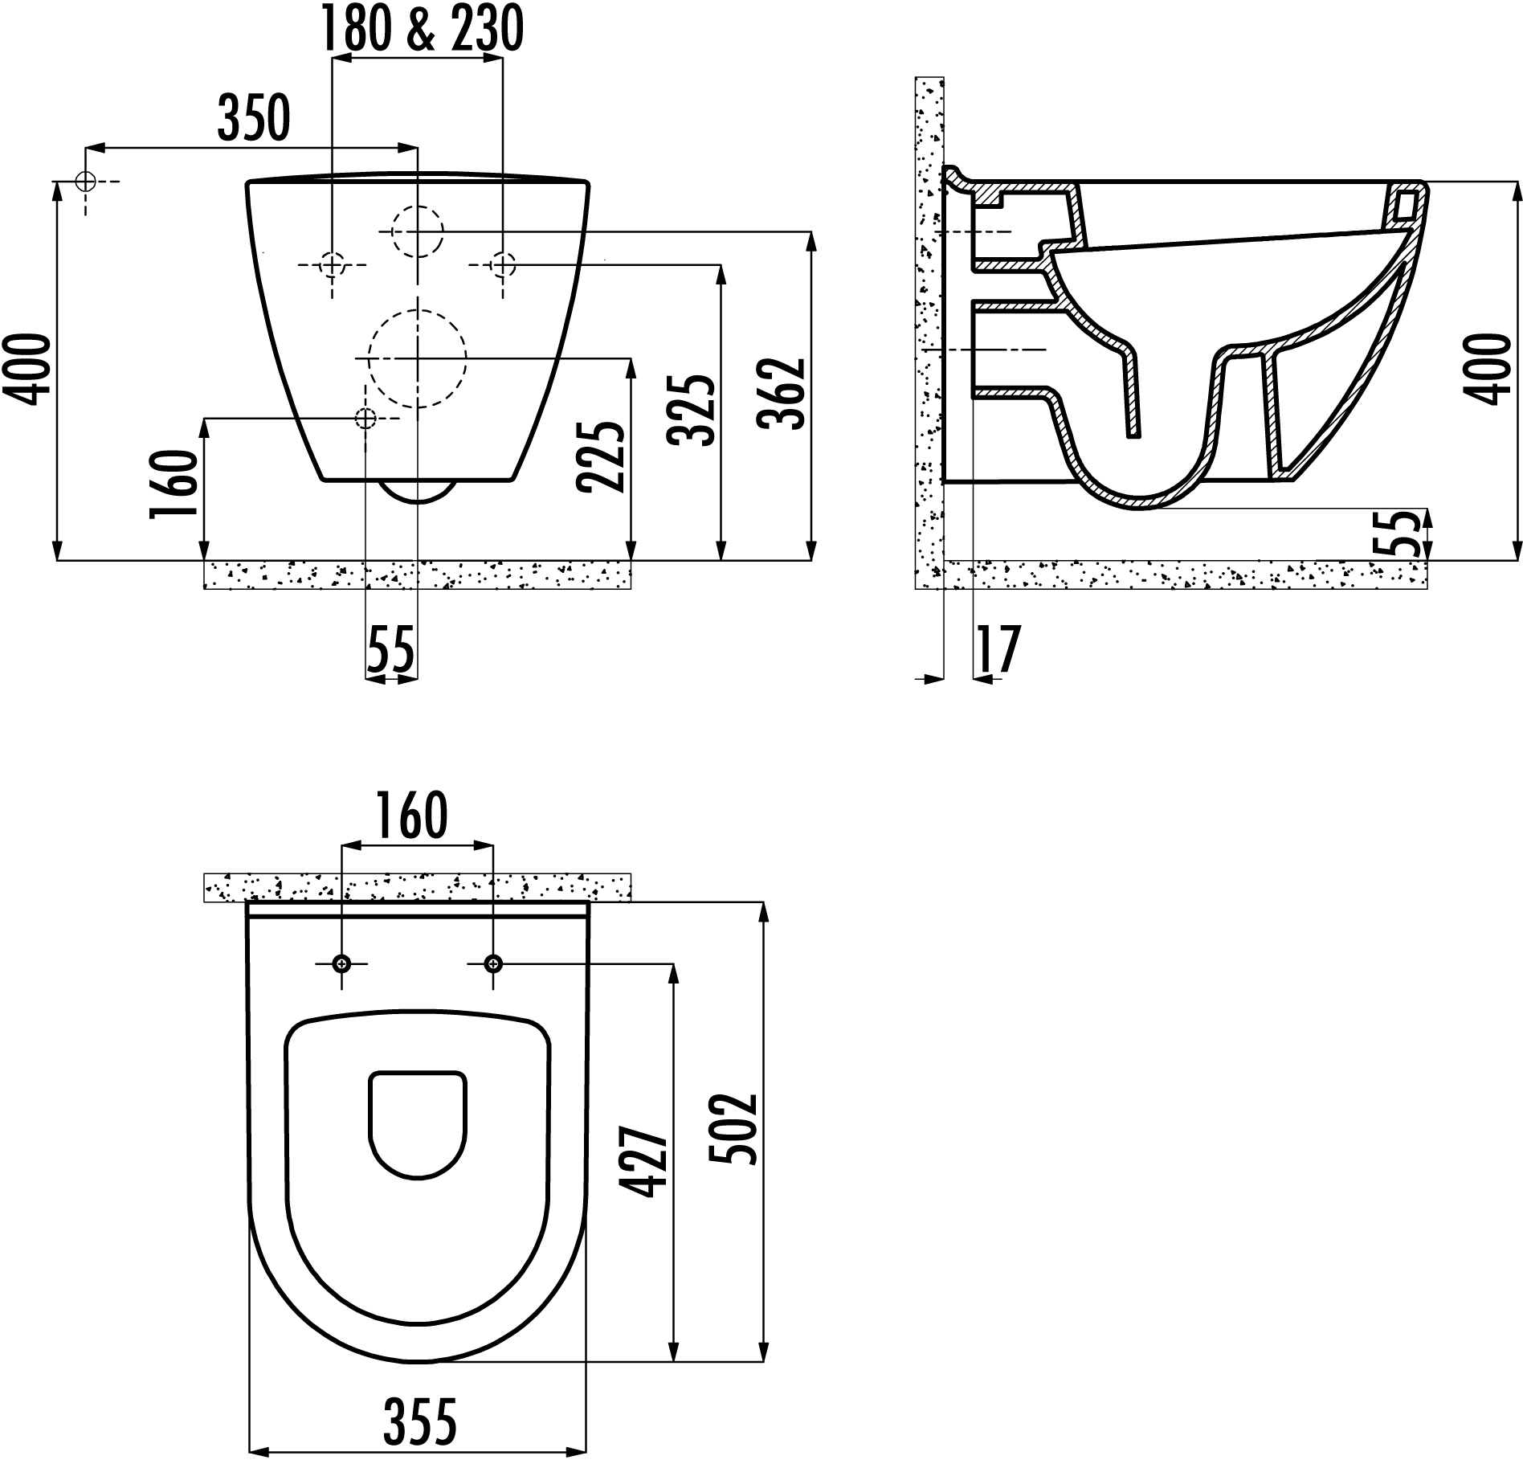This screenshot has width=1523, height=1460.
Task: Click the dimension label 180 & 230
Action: [x=422, y=29]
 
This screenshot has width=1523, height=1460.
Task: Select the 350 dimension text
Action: [x=253, y=119]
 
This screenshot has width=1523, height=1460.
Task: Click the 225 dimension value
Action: [x=601, y=456]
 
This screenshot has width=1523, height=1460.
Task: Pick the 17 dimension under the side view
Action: [x=997, y=649]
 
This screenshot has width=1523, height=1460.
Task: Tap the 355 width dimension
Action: [x=419, y=1421]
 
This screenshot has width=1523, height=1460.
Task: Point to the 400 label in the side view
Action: [x=1492, y=370]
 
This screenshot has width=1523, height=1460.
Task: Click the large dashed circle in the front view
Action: [x=417, y=358]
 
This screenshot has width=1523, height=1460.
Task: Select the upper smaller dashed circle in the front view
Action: [x=417, y=231]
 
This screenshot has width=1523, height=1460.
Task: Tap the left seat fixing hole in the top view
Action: [x=342, y=963]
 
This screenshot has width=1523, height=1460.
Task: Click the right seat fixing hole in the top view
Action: [x=493, y=963]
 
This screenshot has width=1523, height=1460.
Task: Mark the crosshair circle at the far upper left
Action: [x=85, y=182]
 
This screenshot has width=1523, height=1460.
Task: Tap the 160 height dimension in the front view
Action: [x=174, y=485]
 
